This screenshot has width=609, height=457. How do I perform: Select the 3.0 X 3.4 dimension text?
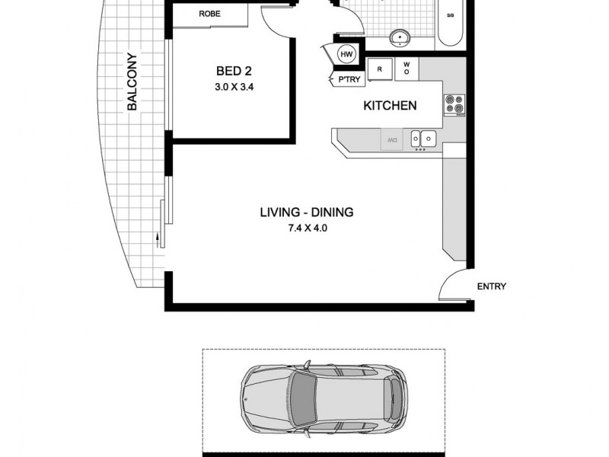coord(234,87)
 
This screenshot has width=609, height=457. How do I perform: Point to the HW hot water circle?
coord(346,54)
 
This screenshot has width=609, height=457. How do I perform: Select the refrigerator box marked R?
coord(379,69)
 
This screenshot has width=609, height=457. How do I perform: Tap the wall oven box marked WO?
coord(406,69)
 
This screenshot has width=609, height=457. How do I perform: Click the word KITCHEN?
coord(390,106)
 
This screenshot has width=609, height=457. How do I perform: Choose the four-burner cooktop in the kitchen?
coord(454,104)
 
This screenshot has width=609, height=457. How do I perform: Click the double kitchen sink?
coord(422,139)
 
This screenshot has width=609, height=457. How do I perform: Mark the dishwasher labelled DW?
coord(391,139)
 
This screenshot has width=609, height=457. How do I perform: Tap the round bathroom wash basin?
coord(400,37)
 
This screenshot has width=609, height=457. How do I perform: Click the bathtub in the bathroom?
coord(451,23)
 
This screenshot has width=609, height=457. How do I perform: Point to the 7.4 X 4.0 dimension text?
coord(306,227)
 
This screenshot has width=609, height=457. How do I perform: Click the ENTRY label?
coord(491,287)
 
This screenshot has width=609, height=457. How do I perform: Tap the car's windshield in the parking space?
coord(304,398)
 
